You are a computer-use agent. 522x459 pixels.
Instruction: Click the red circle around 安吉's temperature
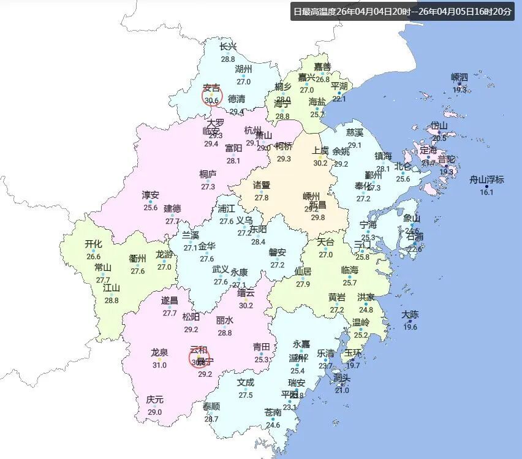[212, 97]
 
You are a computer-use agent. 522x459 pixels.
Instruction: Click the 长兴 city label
[228, 46]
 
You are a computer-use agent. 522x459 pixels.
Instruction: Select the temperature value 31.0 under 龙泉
[159, 365]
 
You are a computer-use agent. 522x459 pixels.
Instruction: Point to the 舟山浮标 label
[486, 180]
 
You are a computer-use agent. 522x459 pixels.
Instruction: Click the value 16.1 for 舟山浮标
[486, 192]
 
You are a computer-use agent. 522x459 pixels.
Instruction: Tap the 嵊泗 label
[460, 77]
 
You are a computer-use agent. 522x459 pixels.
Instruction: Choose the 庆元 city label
[154, 400]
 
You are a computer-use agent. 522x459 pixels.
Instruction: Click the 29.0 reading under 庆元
[154, 412]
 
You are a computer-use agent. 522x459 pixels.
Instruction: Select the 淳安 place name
[151, 195]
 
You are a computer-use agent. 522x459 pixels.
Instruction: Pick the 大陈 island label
[410, 315]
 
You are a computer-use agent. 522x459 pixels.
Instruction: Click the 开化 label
[93, 245]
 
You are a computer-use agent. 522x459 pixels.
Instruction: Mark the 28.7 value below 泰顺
[211, 419]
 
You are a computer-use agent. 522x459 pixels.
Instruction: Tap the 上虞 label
[320, 151]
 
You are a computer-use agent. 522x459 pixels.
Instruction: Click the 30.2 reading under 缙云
[246, 305]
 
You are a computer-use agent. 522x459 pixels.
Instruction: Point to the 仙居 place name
[303, 271]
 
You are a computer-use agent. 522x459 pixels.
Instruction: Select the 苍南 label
[273, 412]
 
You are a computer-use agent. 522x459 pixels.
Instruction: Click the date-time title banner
[403, 12]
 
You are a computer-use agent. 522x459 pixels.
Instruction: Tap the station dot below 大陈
[410, 321]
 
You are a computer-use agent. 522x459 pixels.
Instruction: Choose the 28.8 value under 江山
[112, 300]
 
